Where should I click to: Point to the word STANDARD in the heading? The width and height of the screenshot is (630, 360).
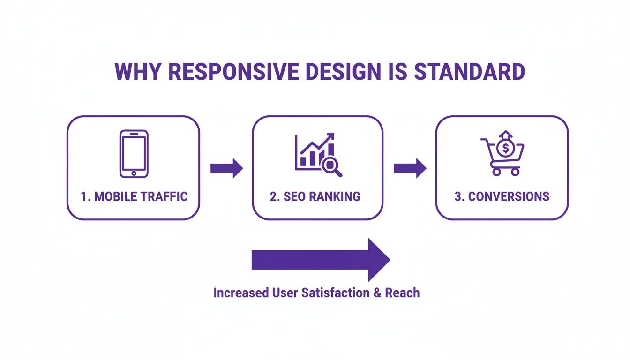[469, 72]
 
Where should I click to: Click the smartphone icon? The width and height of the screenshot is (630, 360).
[134, 154]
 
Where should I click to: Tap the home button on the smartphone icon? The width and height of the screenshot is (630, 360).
[134, 173]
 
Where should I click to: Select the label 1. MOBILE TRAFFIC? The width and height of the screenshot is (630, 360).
[134, 196]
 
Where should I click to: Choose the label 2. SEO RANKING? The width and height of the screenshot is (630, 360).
[315, 196]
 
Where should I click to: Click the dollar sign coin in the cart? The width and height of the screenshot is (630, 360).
[505, 149]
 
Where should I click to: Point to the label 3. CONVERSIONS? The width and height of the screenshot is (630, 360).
[502, 196]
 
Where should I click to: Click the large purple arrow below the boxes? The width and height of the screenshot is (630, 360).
[321, 260]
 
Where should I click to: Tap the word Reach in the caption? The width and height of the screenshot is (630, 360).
[402, 293]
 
